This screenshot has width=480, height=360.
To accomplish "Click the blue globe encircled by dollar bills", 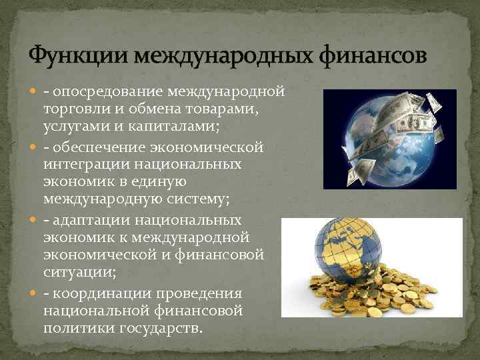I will (381, 138).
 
